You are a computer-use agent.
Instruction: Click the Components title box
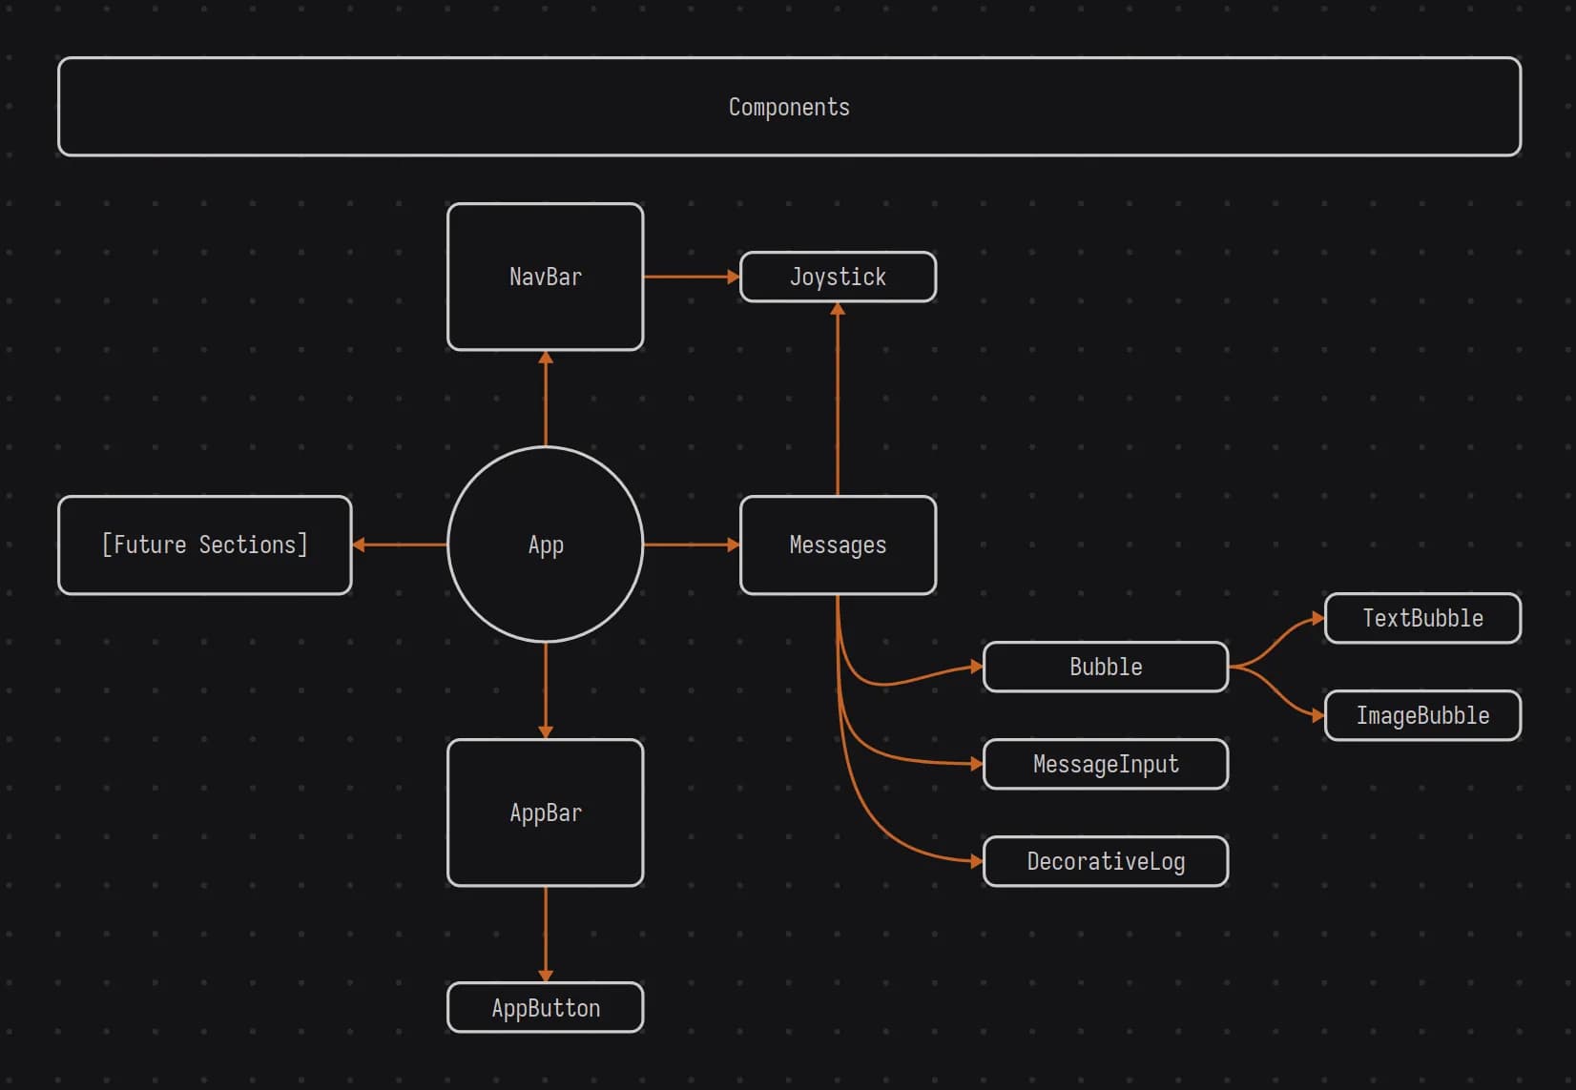coord(789,107)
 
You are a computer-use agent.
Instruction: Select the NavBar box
coord(545,277)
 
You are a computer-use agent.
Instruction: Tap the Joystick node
coord(838,277)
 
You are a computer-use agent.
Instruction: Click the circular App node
coord(545,545)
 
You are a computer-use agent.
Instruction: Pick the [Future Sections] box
coord(204,545)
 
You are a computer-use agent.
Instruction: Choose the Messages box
coord(838,545)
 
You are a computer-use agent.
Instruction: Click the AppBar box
coord(545,812)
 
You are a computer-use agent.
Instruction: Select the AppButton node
coord(545,1007)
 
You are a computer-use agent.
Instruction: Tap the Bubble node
coord(1105,667)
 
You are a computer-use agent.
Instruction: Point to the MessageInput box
coord(1105,764)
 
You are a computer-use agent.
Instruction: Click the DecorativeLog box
coord(1105,861)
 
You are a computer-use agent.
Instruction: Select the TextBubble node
coord(1421,618)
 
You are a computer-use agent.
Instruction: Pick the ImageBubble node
coord(1421,715)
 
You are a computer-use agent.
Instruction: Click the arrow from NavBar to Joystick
coord(691,277)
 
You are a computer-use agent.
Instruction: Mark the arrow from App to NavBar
coord(545,399)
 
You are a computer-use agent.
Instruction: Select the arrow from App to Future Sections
coord(400,545)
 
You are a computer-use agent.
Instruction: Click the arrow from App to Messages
coord(691,545)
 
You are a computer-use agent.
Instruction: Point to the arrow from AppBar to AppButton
coord(545,934)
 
